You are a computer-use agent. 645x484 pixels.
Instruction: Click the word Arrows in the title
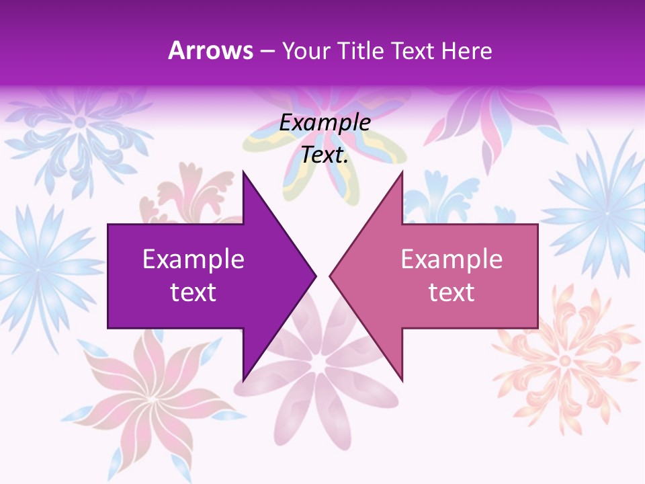[210, 50]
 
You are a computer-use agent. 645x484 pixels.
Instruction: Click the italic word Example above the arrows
[325, 123]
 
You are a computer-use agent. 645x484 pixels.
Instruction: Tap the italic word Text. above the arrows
[325, 155]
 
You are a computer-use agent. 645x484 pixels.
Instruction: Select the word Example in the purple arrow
[193, 259]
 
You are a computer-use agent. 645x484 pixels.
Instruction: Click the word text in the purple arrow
[193, 292]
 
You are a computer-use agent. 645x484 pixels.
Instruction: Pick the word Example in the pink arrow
[451, 259]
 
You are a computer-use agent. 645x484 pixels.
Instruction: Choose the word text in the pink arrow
[451, 292]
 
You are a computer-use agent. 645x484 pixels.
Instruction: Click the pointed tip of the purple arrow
[315, 276]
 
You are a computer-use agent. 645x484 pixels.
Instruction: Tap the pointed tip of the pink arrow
[330, 276]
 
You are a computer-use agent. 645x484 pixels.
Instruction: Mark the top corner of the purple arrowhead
[243, 172]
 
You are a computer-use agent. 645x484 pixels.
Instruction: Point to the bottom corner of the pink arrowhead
[402, 380]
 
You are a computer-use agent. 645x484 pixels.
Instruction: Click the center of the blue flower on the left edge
[37, 269]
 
